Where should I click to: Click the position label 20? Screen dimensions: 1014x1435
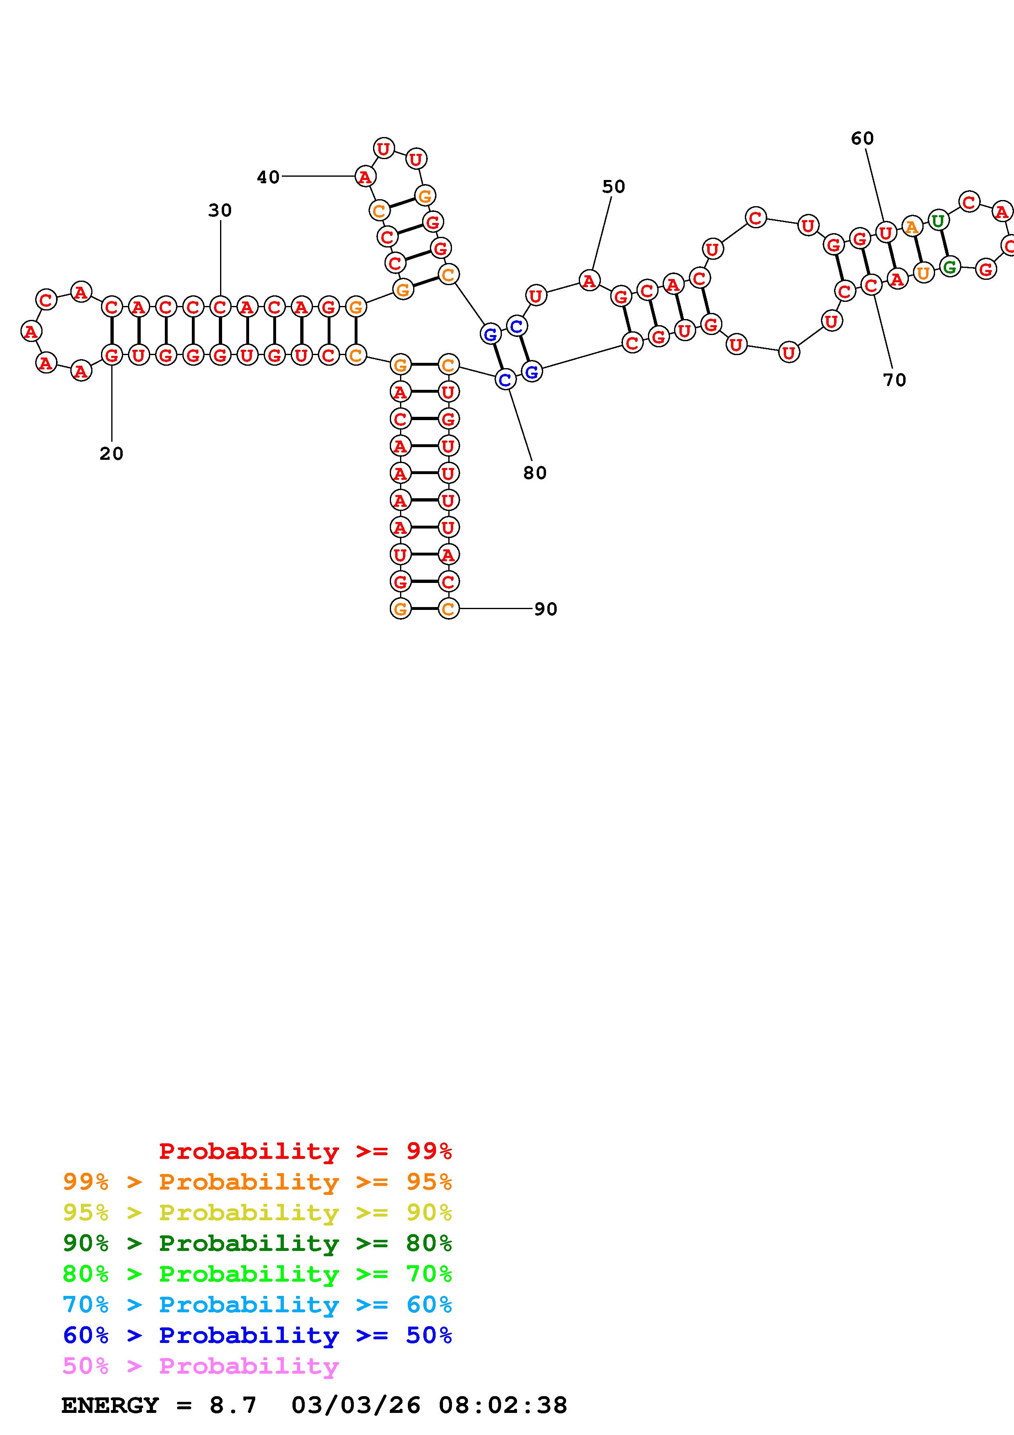coord(111,454)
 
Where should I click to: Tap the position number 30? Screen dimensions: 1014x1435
coord(220,211)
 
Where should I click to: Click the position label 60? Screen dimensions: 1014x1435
coord(862,139)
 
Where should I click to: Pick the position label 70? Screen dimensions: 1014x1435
coord(894,380)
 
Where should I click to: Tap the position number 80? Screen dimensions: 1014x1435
coord(535,473)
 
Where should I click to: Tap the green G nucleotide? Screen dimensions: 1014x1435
coord(950,268)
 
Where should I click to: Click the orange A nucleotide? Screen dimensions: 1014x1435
coord(912,227)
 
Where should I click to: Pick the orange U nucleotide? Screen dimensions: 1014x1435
coord(923,273)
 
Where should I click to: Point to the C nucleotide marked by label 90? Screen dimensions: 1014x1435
coord(448,609)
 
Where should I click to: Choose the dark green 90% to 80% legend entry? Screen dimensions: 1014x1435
coord(257,1243)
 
